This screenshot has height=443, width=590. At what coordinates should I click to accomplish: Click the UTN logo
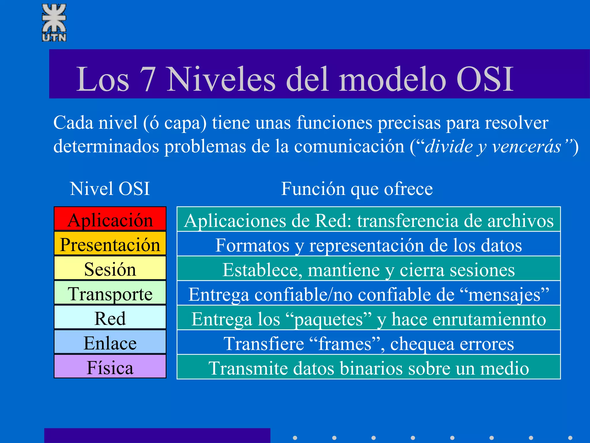point(54,22)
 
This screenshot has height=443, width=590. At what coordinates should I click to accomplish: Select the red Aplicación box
point(110,219)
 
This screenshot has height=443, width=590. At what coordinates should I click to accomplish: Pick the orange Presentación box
point(110,244)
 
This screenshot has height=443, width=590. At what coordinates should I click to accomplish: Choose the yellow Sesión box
point(110,269)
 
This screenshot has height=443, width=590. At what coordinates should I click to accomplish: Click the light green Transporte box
point(110,293)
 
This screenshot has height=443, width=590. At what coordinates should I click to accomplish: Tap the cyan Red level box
point(110,318)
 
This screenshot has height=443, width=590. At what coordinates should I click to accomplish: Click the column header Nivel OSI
point(110,189)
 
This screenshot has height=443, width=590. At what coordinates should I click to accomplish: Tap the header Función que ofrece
point(357,189)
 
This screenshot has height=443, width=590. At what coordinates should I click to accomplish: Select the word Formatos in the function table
point(252,245)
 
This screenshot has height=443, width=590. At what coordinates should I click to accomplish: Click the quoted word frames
point(345,344)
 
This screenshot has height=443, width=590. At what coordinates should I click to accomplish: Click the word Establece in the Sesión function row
point(262,270)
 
